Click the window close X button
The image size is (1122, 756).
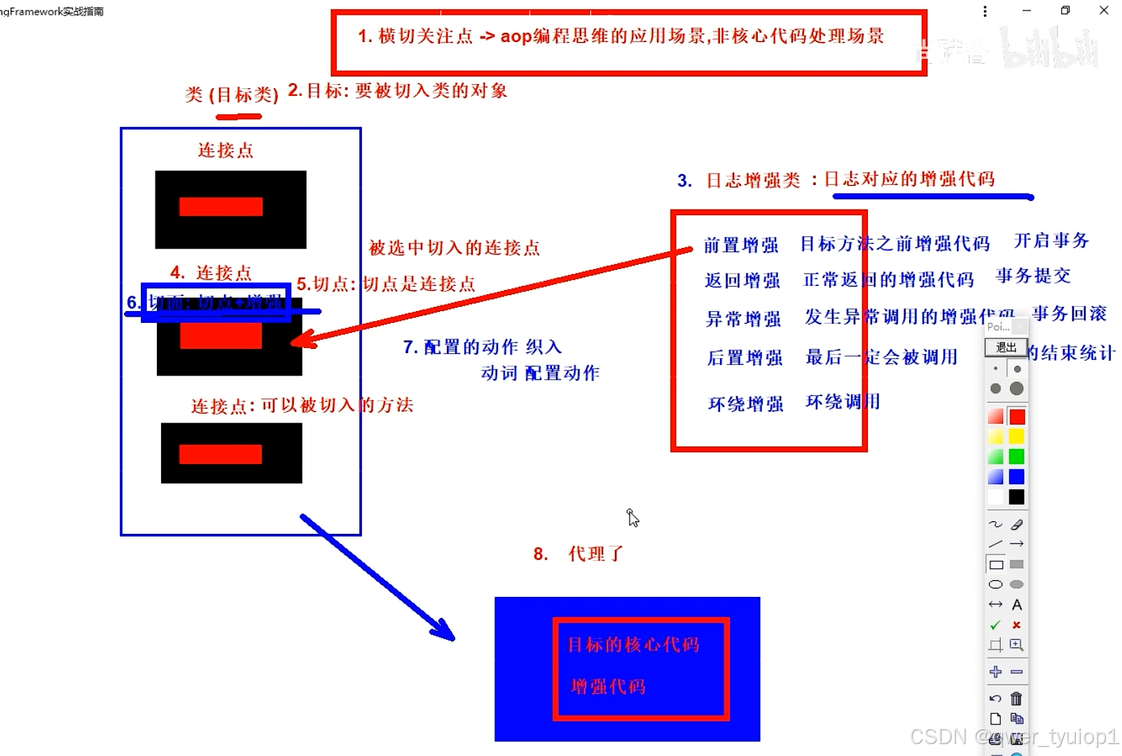[1104, 11]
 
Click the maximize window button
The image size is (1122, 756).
[1065, 11]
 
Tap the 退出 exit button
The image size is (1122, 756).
[1006, 348]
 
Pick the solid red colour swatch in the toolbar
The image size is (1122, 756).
[1017, 417]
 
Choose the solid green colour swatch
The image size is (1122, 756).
[1017, 457]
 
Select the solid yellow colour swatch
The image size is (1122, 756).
[1017, 437]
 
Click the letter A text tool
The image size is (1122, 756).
[1017, 605]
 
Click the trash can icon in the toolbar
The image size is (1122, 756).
[1016, 699]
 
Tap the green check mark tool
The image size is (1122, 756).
[995, 625]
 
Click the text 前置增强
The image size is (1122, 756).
[741, 245]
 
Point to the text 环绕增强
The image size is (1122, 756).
[745, 404]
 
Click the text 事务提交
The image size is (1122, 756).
[1033, 276]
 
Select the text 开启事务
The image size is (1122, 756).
[1051, 241]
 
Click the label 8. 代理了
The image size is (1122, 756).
[579, 554]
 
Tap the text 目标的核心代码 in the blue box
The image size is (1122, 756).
[633, 645]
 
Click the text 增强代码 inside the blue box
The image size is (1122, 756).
[608, 687]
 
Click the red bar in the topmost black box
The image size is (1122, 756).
[221, 207]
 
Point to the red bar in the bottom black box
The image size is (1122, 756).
[221, 454]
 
